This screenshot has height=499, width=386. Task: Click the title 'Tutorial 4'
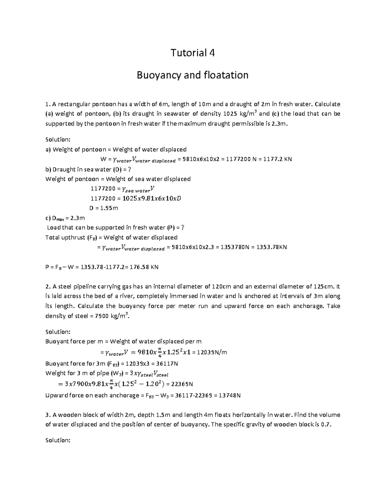click(x=192, y=52)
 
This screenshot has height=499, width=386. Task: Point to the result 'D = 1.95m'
click(x=104, y=208)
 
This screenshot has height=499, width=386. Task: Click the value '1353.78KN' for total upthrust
click(x=272, y=247)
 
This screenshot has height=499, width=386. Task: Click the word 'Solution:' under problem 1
click(x=58, y=140)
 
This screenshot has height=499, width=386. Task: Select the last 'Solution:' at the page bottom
click(x=58, y=441)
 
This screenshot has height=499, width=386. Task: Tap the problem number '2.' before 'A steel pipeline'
click(x=48, y=287)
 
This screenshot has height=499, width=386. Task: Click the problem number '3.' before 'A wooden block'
click(x=48, y=415)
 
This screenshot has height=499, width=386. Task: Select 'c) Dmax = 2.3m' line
click(x=65, y=218)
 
